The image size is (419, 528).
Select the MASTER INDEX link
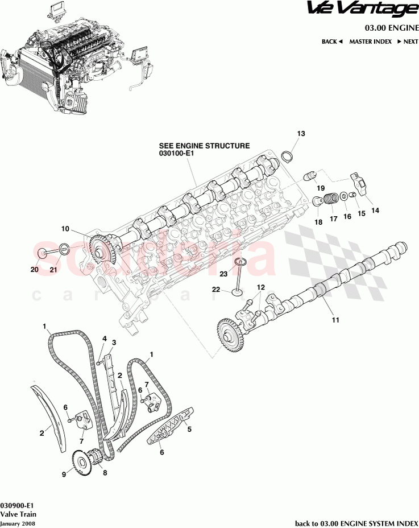coord(370,42)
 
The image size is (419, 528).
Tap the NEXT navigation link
coord(408,42)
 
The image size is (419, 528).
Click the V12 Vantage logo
coord(361,10)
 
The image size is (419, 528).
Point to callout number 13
coord(301,134)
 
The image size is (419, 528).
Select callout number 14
coord(375,210)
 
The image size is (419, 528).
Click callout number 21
coord(53,270)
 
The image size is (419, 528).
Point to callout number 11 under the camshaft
coord(335,320)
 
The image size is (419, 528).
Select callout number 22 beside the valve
coord(216,290)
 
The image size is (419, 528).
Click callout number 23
coord(223,274)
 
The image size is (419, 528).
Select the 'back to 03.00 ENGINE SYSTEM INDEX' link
coord(356,523)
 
